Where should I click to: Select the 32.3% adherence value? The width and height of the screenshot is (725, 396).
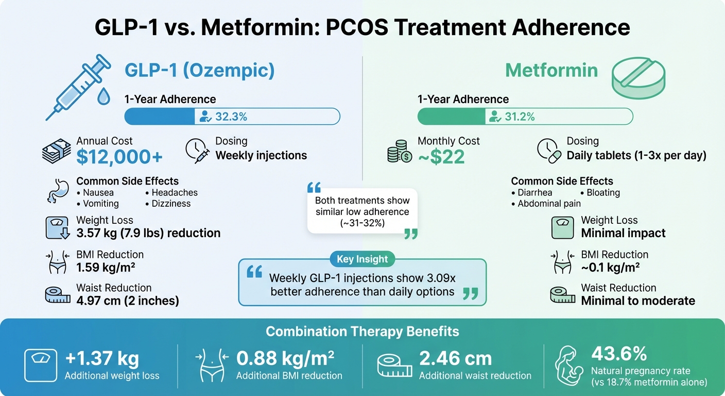[x=231, y=117]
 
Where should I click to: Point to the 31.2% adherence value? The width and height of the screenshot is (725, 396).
[x=520, y=117]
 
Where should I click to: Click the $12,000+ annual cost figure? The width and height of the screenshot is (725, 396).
[x=119, y=157]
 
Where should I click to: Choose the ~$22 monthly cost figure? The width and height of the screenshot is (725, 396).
[x=441, y=157]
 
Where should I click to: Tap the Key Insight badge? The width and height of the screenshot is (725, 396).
[x=362, y=259]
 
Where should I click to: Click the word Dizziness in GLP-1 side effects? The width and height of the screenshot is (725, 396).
[x=171, y=204]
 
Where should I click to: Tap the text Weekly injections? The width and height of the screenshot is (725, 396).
[x=261, y=155]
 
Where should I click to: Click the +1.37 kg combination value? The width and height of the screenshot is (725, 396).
[x=101, y=359]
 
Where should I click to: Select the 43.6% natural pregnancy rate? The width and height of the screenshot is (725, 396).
[x=619, y=354]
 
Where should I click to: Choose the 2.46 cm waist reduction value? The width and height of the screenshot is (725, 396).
[x=455, y=359]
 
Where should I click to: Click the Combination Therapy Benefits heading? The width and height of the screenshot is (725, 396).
[x=362, y=331]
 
